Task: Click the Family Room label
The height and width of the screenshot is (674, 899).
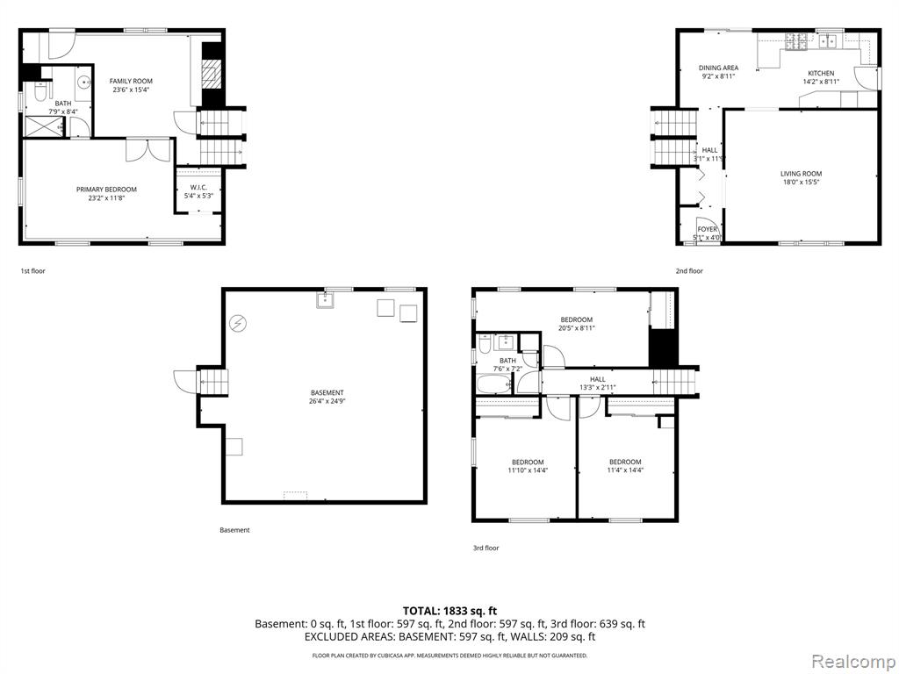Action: tap(132, 82)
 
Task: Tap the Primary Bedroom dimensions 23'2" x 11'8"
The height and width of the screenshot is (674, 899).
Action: tap(106, 197)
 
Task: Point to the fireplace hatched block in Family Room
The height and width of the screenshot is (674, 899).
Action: tap(212, 74)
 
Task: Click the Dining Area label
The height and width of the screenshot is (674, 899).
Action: tap(718, 68)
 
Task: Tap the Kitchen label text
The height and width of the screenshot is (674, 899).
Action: tap(821, 74)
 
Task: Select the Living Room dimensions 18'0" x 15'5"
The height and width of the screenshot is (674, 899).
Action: tap(801, 183)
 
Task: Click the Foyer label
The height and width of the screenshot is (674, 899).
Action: tap(707, 229)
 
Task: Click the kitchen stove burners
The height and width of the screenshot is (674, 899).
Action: tap(795, 41)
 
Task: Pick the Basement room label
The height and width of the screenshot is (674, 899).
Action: tap(327, 392)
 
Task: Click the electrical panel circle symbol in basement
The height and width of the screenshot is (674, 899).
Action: tap(237, 324)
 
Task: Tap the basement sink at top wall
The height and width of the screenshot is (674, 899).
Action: tap(325, 300)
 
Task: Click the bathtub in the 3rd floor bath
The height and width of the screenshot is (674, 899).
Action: tap(493, 384)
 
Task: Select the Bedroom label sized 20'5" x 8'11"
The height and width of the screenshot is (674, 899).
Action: tap(576, 319)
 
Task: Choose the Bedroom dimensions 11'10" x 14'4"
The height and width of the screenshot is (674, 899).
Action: tap(528, 470)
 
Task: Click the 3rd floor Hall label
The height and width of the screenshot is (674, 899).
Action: tap(597, 379)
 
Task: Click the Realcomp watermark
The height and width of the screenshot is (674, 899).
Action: tap(853, 661)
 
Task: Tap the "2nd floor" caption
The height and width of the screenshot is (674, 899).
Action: tap(688, 271)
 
